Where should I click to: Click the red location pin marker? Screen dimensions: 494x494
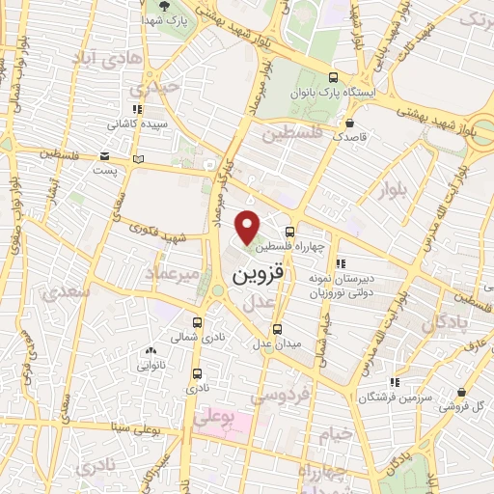click(x=249, y=227)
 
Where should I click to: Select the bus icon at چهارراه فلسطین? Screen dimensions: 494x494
click(x=290, y=233)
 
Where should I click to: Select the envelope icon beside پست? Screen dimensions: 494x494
click(x=139, y=158)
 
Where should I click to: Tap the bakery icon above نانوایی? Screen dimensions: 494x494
click(x=151, y=351)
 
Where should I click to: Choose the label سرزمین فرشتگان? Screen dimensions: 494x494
click(x=393, y=398)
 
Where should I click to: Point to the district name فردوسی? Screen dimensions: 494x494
click(x=280, y=397)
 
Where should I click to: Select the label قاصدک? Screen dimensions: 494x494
click(x=348, y=137)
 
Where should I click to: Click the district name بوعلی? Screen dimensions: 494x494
click(x=213, y=418)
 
